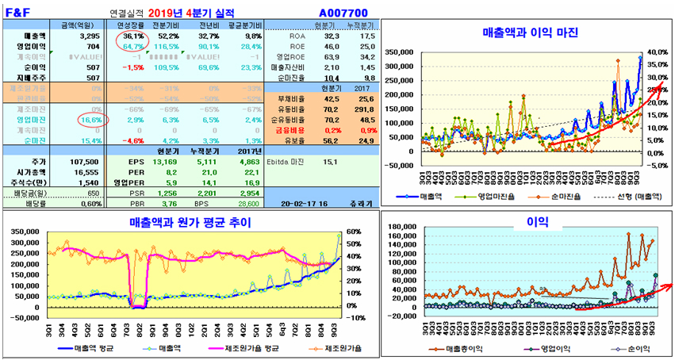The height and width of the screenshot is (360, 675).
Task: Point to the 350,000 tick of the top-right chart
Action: (x=400, y=52)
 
